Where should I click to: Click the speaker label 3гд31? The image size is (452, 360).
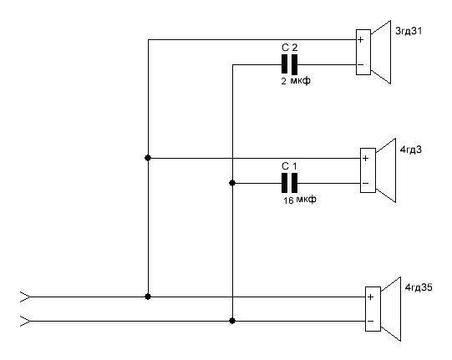tap(409, 31)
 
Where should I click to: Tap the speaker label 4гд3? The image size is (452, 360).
tap(411, 150)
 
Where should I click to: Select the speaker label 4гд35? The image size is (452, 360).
tap(419, 287)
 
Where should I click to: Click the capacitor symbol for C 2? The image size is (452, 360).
tap(289, 64)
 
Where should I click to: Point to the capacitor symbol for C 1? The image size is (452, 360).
tap(289, 183)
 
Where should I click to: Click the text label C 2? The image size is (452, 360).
tap(289, 48)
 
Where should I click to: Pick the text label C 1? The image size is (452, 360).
tap(289, 166)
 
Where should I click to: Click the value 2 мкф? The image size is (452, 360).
tap(296, 81)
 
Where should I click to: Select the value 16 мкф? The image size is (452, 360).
tap(300, 200)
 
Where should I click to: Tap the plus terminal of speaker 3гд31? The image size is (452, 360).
tap(361, 39)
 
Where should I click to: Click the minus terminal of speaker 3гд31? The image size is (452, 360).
tap(361, 64)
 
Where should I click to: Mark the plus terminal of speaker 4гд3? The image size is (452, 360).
tap(365, 158)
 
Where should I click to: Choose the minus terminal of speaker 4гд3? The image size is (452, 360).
tap(365, 183)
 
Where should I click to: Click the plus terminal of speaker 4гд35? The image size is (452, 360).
tap(371, 297)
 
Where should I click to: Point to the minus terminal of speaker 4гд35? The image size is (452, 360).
tap(371, 321)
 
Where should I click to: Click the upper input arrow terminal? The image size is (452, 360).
tap(25, 297)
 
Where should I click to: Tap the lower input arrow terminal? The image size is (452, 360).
tap(25, 321)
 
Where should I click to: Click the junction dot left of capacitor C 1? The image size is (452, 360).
tap(232, 183)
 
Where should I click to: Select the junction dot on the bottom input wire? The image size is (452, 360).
tap(232, 321)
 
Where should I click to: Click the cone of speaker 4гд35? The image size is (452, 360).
tap(391, 309)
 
